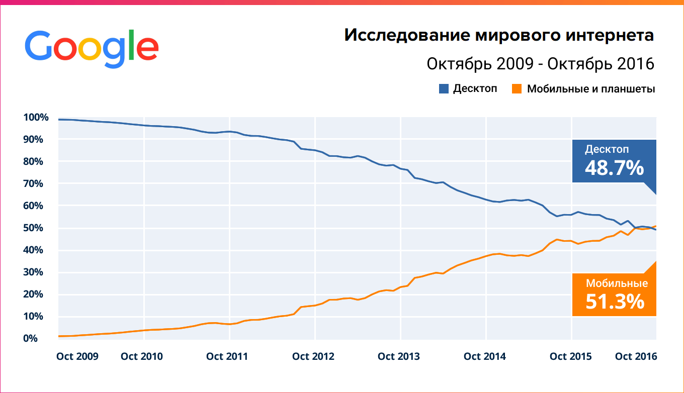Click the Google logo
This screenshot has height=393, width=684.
pyautogui.click(x=92, y=49)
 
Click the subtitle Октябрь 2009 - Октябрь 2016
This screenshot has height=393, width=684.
pyautogui.click(x=540, y=64)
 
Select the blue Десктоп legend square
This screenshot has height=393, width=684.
pyautogui.click(x=444, y=89)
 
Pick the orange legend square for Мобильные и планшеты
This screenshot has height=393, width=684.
pyautogui.click(x=517, y=89)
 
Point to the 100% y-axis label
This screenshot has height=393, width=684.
pyautogui.click(x=36, y=118)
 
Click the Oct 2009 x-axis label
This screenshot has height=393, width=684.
pyautogui.click(x=77, y=356)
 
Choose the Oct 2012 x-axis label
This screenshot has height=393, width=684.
pyautogui.click(x=313, y=356)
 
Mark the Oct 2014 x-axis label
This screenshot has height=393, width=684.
pyautogui.click(x=485, y=356)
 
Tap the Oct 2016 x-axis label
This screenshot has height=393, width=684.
pyautogui.click(x=636, y=356)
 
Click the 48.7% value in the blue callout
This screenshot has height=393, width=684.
pyautogui.click(x=614, y=168)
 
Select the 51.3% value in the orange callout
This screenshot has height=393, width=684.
pyautogui.click(x=615, y=301)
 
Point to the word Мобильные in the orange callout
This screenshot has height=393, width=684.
pyautogui.click(x=617, y=283)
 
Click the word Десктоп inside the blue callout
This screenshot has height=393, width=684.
pyautogui.click(x=607, y=149)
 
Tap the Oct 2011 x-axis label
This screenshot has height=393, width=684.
pyautogui.click(x=227, y=356)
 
